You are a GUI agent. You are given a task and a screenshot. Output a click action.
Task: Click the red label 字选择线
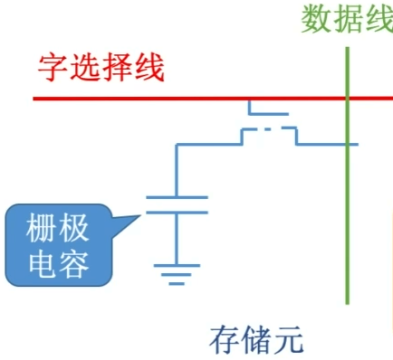pyautogui.click(x=101, y=68)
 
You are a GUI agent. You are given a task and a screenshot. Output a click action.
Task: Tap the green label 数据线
pyautogui.click(x=346, y=19)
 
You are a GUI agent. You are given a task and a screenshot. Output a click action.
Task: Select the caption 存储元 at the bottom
pyautogui.click(x=256, y=340)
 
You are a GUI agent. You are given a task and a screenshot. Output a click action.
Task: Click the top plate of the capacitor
pyautogui.click(x=177, y=196)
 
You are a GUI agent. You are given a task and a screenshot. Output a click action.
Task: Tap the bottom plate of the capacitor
pyautogui.click(x=177, y=212)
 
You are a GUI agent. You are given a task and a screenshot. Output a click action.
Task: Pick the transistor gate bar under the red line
pyautogui.click(x=268, y=115)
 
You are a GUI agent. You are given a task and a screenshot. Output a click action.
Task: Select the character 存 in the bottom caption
pyautogui.click(x=225, y=340)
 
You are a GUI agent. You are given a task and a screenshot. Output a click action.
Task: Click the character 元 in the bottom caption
pyautogui.click(x=289, y=340)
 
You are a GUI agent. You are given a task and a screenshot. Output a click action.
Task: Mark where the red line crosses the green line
pyautogui.click(x=347, y=98)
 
